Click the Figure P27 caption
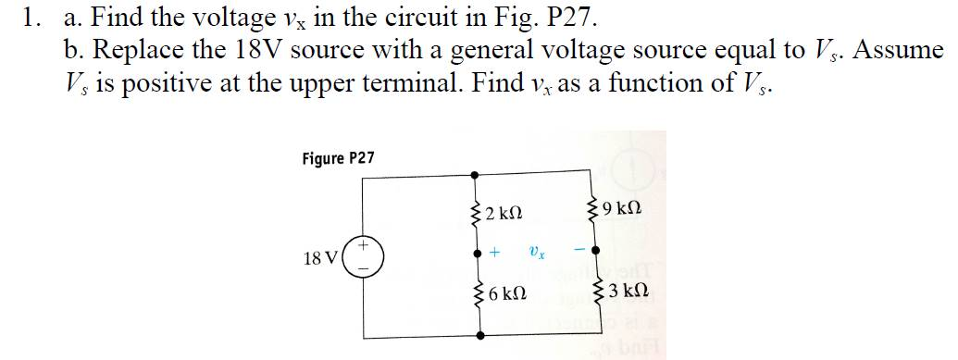[x=338, y=158]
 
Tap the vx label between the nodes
[x=536, y=249]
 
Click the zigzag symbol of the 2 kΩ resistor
[x=478, y=214]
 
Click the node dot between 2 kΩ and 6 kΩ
[x=478, y=251]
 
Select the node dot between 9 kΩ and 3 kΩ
[x=596, y=250]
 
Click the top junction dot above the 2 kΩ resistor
[x=478, y=173]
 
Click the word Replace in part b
[x=134, y=49]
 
